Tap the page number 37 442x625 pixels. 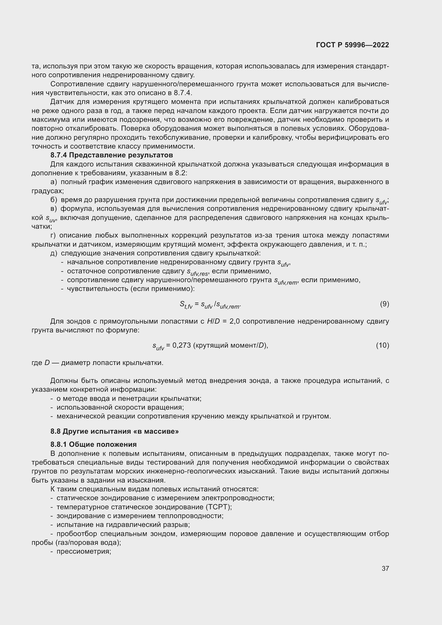(385, 568)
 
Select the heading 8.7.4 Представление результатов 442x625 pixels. (112, 155)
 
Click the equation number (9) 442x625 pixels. (384, 304)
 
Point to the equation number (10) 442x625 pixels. (382, 345)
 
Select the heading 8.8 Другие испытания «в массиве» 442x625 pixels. (115, 431)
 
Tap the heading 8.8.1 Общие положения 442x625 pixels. (93, 445)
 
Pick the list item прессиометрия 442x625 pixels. (84, 552)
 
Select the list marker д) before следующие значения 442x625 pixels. (54, 253)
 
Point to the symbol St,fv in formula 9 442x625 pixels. (186, 305)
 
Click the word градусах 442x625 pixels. (47, 191)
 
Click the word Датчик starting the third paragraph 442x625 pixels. (63, 102)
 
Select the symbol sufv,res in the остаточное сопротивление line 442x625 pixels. (197, 272)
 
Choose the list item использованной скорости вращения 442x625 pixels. (120, 407)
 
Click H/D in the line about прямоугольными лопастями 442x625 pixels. (213, 321)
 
